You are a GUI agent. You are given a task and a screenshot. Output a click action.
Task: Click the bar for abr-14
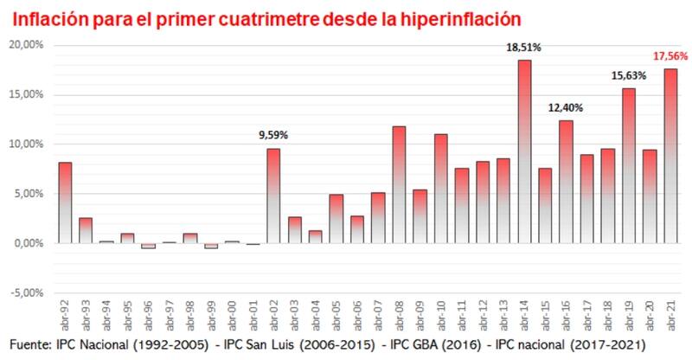pyautogui.click(x=524, y=151)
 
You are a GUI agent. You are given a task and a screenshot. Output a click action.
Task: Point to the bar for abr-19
pyautogui.click(x=629, y=165)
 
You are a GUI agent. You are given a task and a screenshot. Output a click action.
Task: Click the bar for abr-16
pyautogui.click(x=566, y=182)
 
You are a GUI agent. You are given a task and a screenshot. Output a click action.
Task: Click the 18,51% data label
pyautogui.click(x=524, y=50)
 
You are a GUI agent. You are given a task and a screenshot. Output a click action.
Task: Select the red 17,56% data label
pyautogui.click(x=670, y=55)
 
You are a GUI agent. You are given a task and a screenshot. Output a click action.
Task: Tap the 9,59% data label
pyautogui.click(x=273, y=135)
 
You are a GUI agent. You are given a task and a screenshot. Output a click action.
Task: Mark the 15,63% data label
pyautogui.click(x=629, y=75)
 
